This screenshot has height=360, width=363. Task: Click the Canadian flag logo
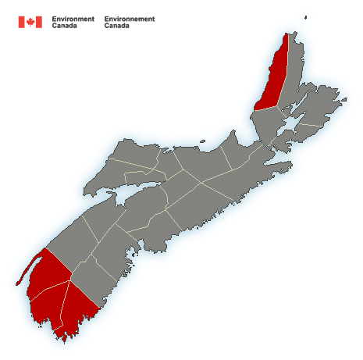pyautogui.click(x=30, y=22)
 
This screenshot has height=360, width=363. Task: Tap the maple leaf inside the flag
pyautogui.click(x=30, y=22)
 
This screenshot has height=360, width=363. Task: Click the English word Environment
pyautogui.click(x=73, y=18)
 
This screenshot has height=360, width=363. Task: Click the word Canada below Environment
pyautogui.click(x=64, y=25)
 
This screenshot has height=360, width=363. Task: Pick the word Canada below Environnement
pyautogui.click(x=117, y=25)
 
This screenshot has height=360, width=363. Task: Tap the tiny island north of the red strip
pyautogui.click(x=307, y=14)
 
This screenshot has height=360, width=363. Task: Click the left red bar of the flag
pyautogui.click(x=21, y=22)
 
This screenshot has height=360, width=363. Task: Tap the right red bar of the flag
pyautogui.click(x=39, y=22)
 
